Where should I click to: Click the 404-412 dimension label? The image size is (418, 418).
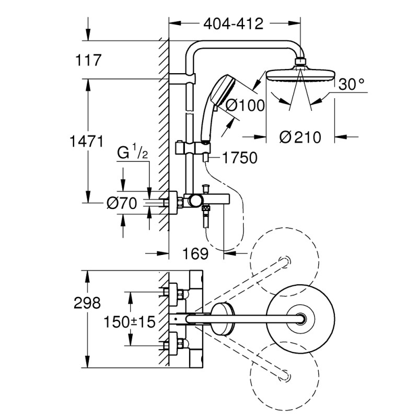pyautogui.click(x=233, y=24)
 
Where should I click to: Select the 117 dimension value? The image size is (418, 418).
pyautogui.click(x=86, y=61)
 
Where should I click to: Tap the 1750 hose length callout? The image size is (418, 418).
pyautogui.click(x=239, y=158)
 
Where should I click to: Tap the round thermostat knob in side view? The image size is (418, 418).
pyautogui.click(x=196, y=201)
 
